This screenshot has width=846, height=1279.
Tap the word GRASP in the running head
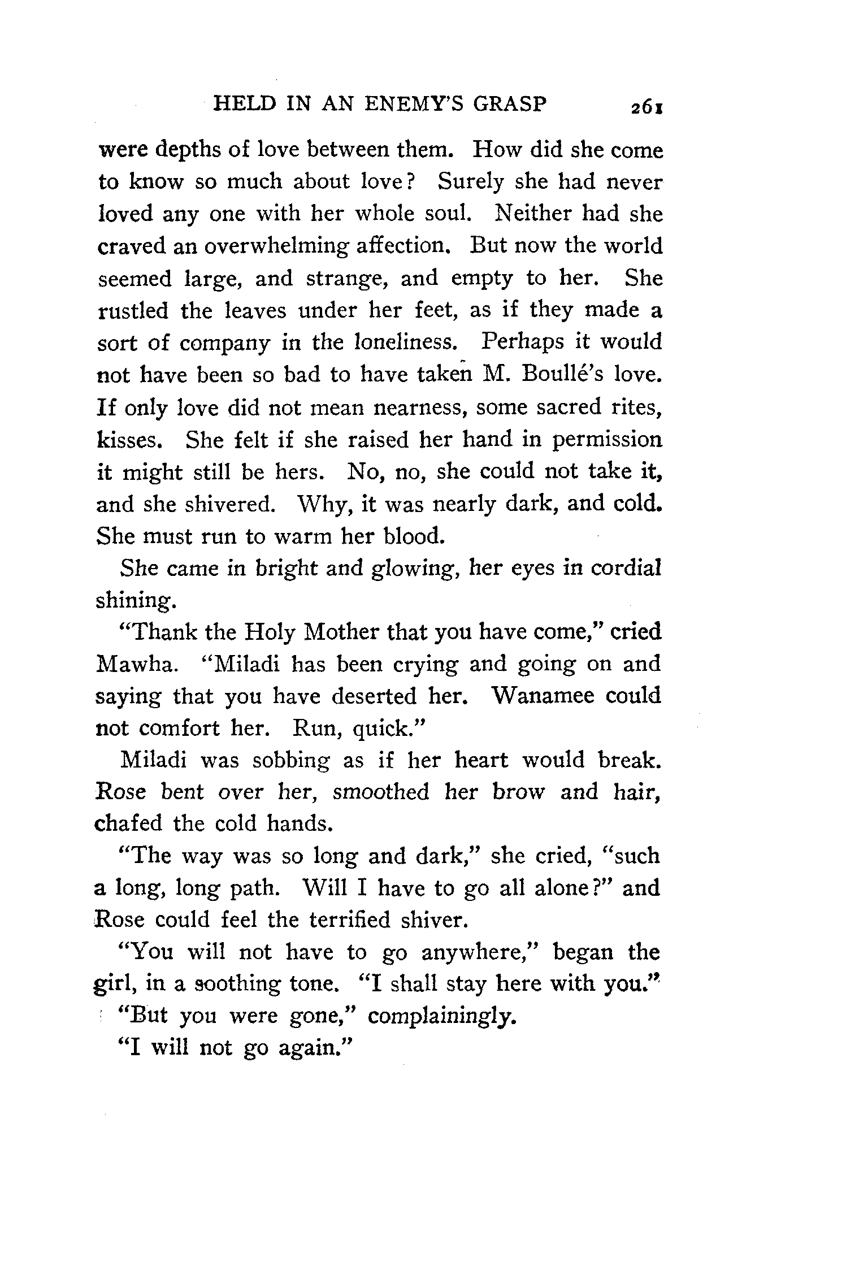[510, 105]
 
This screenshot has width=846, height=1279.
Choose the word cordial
[626, 568]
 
